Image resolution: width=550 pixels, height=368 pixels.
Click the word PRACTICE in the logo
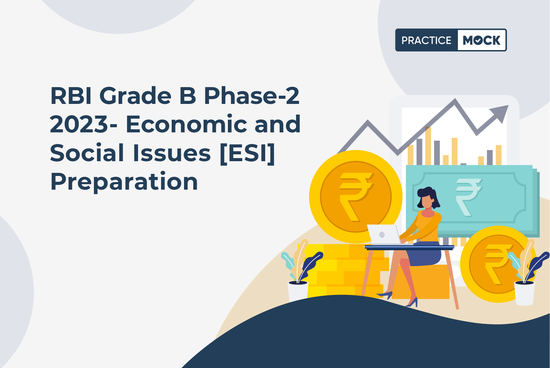point(426,40)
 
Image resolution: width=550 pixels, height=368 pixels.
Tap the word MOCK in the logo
point(481,40)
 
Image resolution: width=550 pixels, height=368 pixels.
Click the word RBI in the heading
point(71,96)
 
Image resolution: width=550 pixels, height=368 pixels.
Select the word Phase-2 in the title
point(252,96)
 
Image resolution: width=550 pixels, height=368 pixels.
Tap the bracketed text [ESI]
point(247,153)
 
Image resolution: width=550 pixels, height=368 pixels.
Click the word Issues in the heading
point(172,153)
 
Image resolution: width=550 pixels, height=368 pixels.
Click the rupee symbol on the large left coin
point(356,197)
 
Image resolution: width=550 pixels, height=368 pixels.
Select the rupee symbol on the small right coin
point(498,264)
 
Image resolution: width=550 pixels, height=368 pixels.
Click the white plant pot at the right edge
point(524,293)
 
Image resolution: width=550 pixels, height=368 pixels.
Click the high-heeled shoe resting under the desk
point(385,294)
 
